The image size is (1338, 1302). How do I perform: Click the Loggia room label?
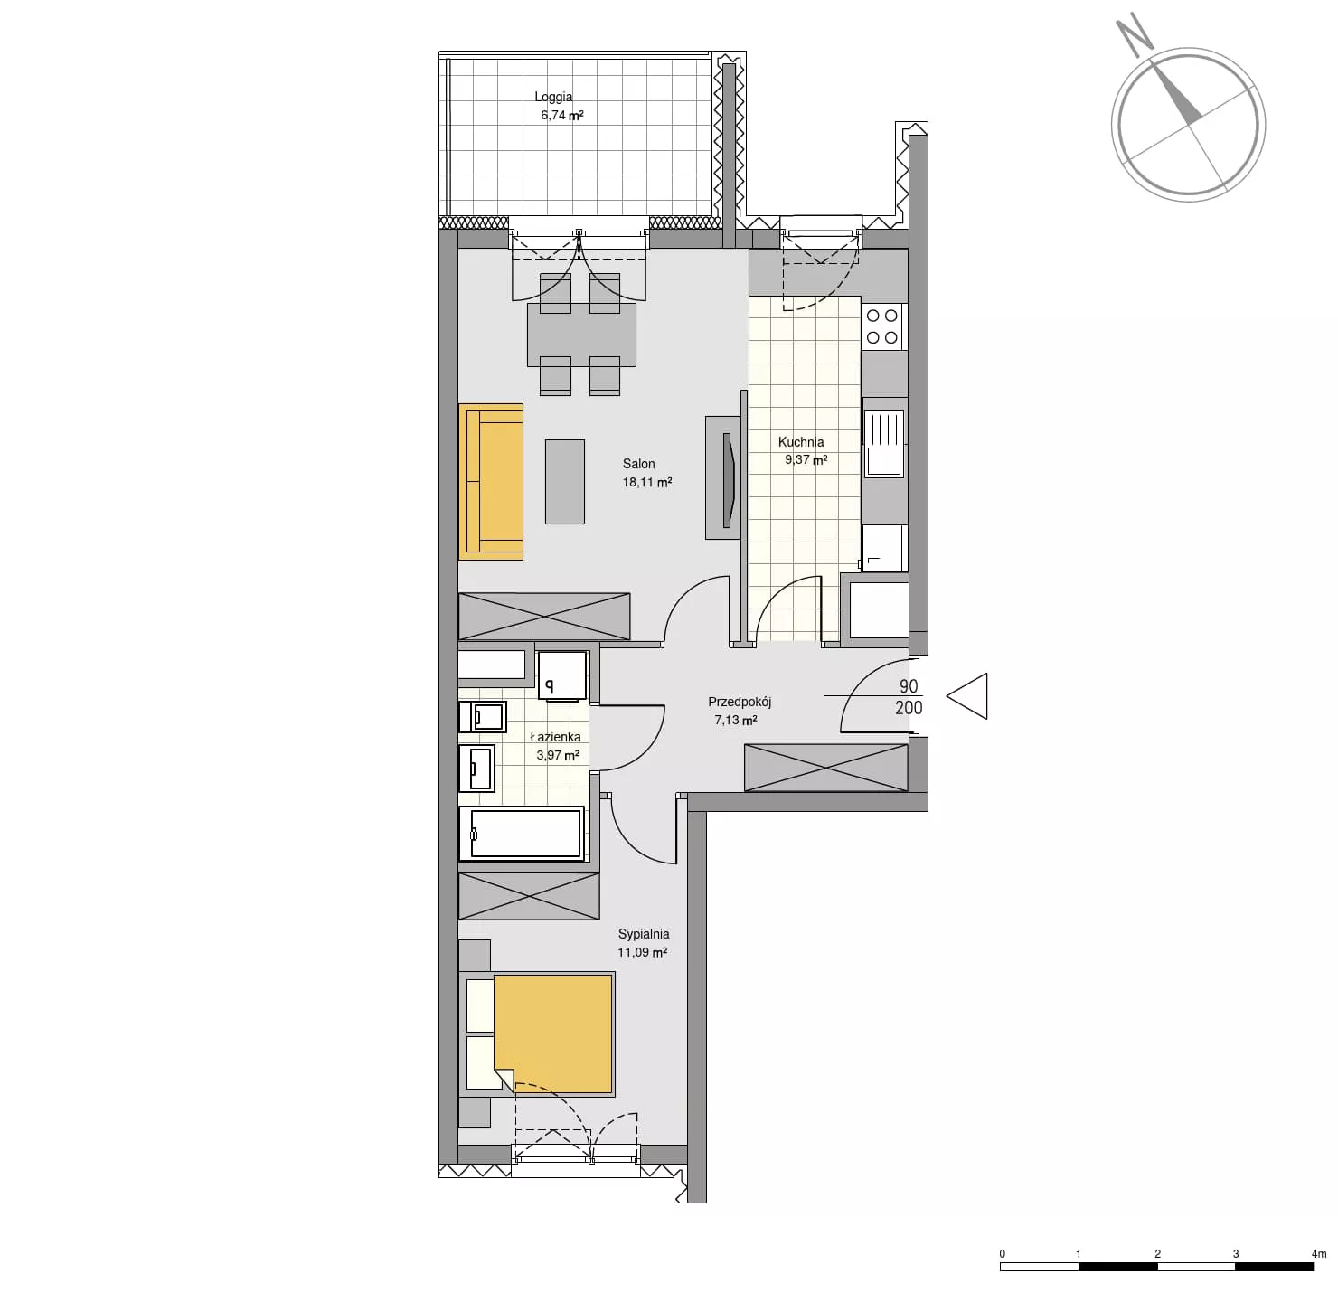click(x=552, y=98)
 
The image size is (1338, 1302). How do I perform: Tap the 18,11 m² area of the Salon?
click(x=647, y=482)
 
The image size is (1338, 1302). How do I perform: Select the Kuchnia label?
click(x=801, y=442)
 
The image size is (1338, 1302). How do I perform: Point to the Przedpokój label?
click(x=740, y=703)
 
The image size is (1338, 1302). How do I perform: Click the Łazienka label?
click(x=556, y=737)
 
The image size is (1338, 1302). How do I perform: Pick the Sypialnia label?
click(x=644, y=934)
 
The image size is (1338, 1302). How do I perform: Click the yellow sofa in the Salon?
click(x=491, y=481)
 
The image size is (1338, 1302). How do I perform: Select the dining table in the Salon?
click(x=581, y=335)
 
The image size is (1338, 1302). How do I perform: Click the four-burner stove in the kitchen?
click(x=884, y=326)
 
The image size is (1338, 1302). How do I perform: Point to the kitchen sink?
click(x=883, y=444)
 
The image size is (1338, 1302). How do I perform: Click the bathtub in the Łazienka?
click(x=522, y=833)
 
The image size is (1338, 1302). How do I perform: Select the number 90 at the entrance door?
click(x=909, y=685)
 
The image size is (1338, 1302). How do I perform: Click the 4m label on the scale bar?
click(x=1319, y=1253)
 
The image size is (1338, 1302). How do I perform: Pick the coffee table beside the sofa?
click(x=564, y=481)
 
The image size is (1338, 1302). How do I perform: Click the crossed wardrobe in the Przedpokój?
click(x=825, y=767)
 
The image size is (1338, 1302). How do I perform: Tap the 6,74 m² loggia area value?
click(x=561, y=116)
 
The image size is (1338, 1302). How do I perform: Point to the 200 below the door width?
click(x=909, y=707)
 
